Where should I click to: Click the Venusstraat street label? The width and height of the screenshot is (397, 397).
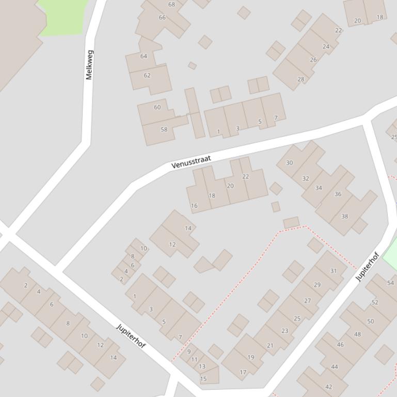point(192,162)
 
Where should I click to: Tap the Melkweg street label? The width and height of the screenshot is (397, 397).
point(89,64)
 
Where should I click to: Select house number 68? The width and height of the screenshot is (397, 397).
point(171,5)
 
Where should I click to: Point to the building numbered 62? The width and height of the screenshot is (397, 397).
point(147,75)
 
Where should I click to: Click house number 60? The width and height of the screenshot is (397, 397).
point(157,107)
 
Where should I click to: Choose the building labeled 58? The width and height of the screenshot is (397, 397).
point(164,129)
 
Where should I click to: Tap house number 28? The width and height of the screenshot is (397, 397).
point(300,79)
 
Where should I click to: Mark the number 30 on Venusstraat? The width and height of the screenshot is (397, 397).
point(289,163)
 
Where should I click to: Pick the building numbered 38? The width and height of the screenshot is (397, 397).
point(344,217)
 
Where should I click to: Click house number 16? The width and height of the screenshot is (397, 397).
point(194,206)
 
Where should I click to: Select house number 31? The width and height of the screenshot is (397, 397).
point(333,271)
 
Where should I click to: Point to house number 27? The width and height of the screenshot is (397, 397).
point(308,301)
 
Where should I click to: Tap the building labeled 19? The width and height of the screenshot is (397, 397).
point(251,357)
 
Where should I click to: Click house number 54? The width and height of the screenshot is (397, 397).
point(390,283)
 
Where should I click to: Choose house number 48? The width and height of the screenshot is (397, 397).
point(357,334)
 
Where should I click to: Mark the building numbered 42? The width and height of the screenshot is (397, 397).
point(329,387)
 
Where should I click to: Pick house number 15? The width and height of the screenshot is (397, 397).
point(203,379)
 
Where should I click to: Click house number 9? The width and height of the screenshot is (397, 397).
point(189,352)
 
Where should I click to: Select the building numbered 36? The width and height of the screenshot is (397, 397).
point(338,194)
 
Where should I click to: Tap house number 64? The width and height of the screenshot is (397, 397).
point(144,56)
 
